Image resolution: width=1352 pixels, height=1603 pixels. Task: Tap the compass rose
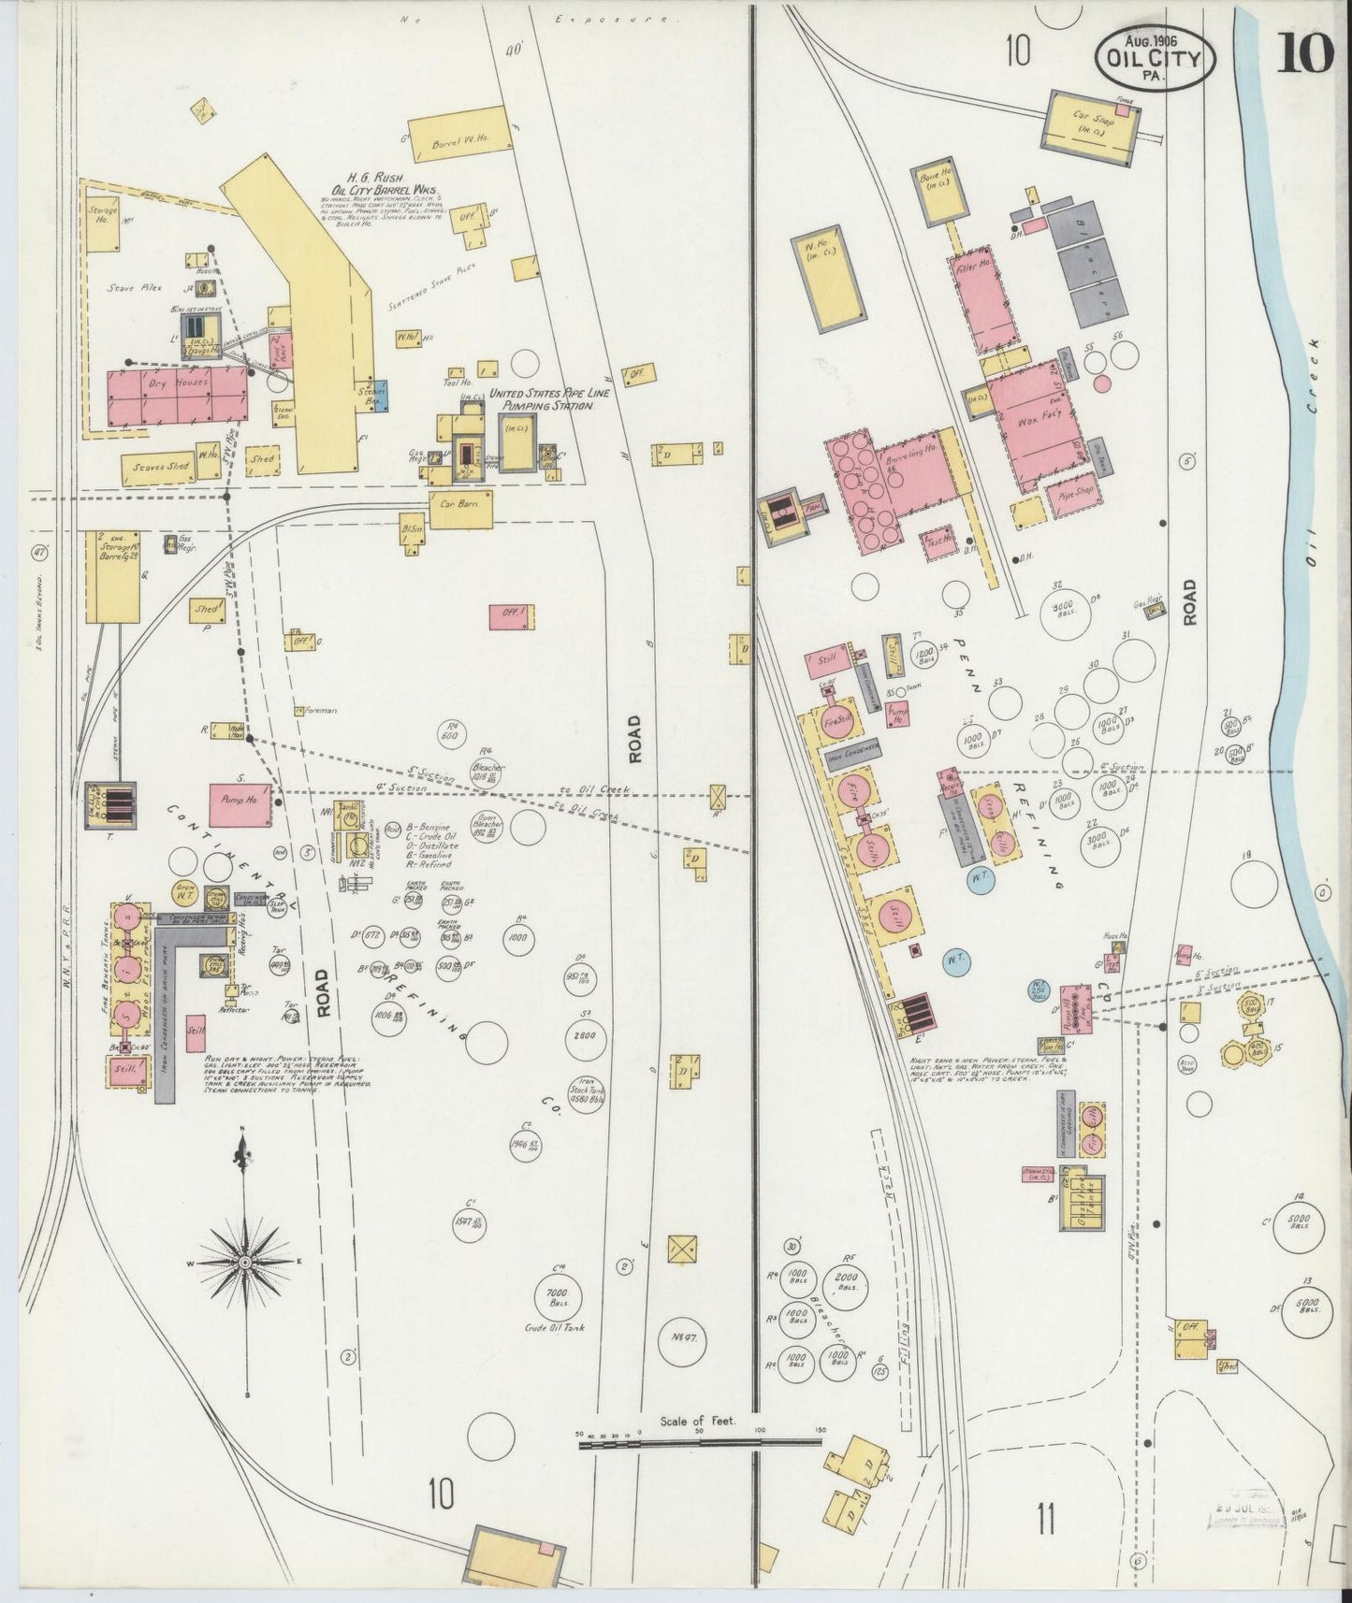(x=246, y=1262)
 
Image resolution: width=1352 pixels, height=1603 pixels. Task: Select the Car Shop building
(x=1090, y=123)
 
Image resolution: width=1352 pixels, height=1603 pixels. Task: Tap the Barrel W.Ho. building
(x=461, y=140)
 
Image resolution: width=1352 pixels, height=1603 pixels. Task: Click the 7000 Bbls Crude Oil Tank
(x=566, y=1295)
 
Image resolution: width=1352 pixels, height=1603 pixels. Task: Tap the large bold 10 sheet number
(x=1304, y=56)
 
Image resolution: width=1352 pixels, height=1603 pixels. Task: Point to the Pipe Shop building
(x=1071, y=490)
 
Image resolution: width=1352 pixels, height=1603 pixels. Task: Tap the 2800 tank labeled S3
(x=589, y=1036)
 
